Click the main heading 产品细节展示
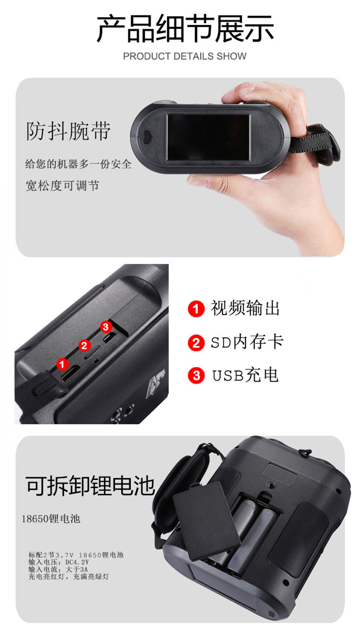(185, 29)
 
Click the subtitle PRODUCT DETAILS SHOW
(185, 57)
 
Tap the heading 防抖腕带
(68, 131)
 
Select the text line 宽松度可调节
(62, 186)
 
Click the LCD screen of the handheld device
(208, 137)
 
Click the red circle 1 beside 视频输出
(196, 309)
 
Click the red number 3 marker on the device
(106, 326)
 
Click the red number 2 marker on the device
(84, 345)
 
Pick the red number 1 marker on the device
(62, 364)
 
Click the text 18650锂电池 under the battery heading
(51, 519)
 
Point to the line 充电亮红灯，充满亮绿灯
(68, 577)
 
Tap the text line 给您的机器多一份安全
(78, 164)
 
